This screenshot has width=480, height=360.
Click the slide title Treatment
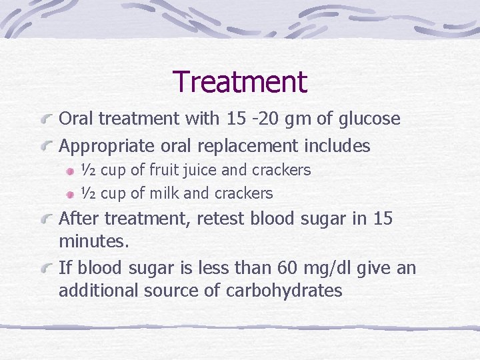pyautogui.click(x=240, y=82)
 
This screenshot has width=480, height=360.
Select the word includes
pyautogui.click(x=338, y=145)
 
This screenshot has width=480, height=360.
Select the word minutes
pyautogui.click(x=93, y=241)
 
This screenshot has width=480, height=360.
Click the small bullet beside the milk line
pyautogui.click(x=69, y=194)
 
